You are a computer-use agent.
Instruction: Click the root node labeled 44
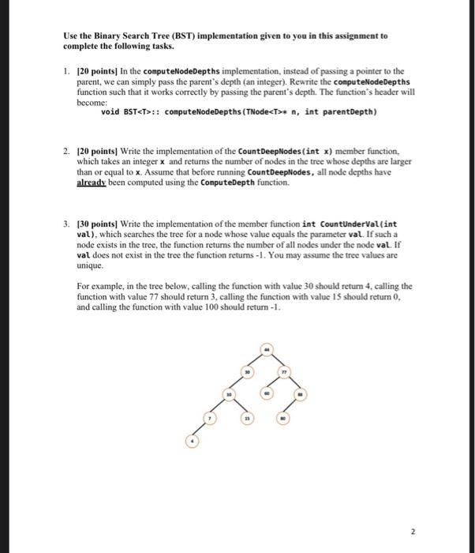(266, 349)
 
